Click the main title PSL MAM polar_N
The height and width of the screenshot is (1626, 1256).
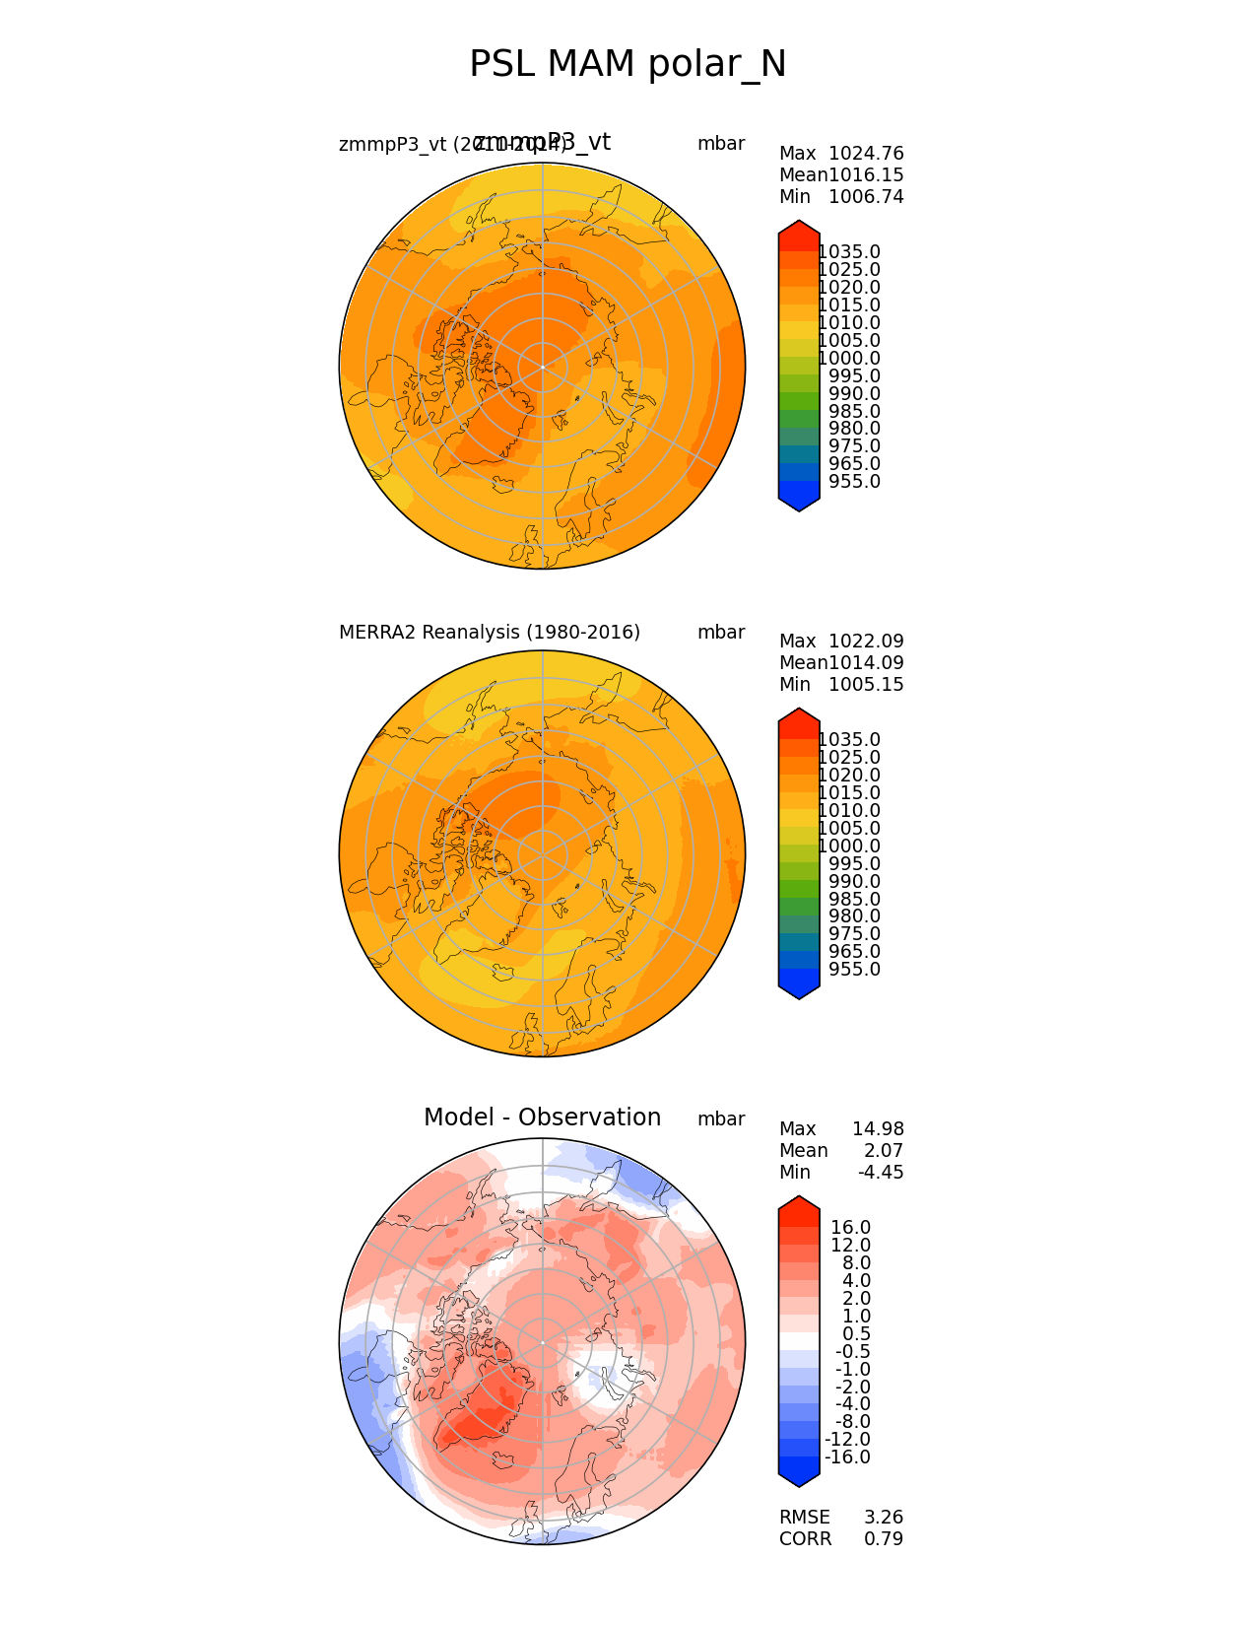click(628, 65)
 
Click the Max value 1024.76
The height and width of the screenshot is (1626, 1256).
click(866, 154)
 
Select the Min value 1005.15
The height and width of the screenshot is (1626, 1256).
click(866, 685)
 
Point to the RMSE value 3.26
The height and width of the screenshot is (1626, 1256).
click(884, 1518)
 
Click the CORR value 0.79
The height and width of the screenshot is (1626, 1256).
click(884, 1539)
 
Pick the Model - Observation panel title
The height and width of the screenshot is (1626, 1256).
click(542, 1118)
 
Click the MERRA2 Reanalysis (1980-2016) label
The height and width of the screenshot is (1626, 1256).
click(490, 633)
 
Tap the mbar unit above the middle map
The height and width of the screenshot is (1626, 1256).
click(721, 633)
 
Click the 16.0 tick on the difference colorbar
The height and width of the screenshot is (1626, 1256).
click(851, 1228)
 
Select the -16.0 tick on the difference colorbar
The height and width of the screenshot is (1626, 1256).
click(848, 1457)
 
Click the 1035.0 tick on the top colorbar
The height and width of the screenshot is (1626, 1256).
click(849, 252)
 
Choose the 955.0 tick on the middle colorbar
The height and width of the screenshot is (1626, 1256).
click(854, 970)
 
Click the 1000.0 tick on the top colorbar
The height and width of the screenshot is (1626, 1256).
click(849, 359)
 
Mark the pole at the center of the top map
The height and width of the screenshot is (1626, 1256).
click(543, 367)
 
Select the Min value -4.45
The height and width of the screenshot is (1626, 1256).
click(881, 1173)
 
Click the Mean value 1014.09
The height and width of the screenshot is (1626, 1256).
click(866, 663)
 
